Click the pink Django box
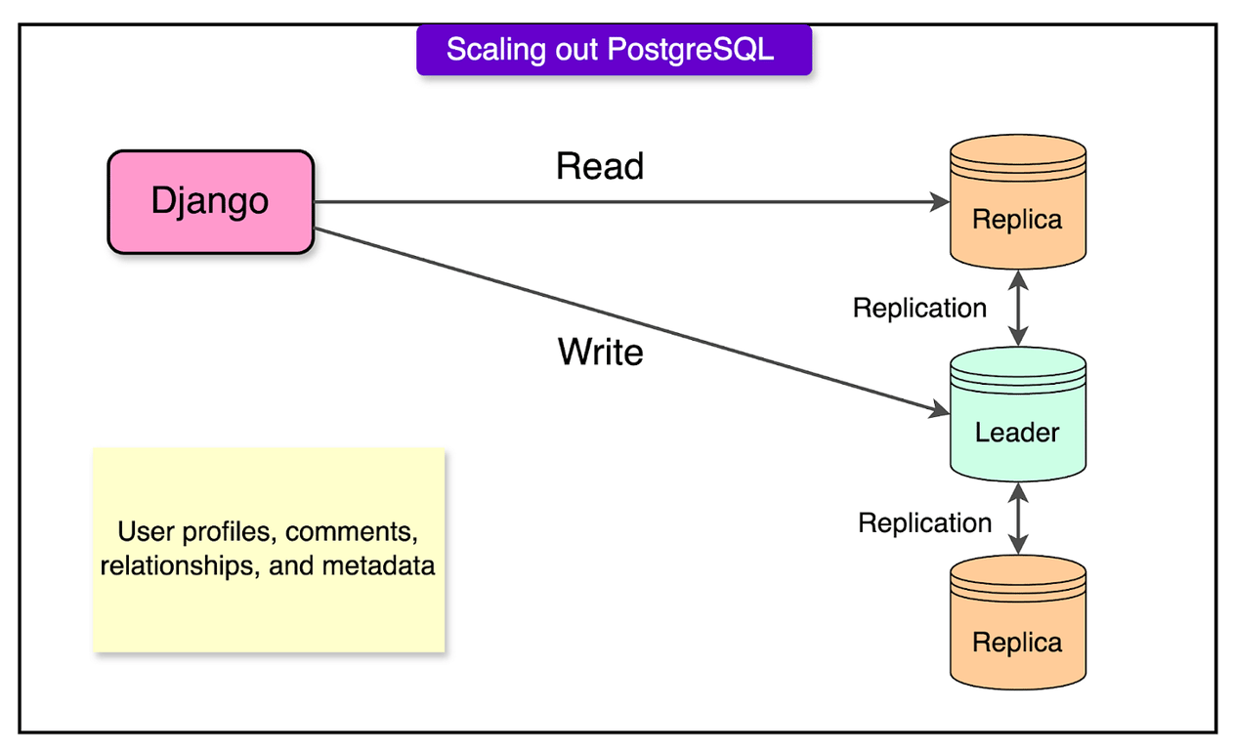(210, 202)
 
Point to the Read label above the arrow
(600, 167)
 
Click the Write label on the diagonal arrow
(601, 352)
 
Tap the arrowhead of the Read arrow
(940, 202)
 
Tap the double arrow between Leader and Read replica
(1019, 308)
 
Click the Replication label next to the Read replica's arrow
(919, 309)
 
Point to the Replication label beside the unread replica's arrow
(924, 523)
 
